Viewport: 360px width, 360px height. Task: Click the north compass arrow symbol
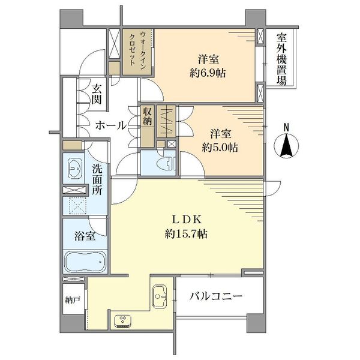pos(286,146)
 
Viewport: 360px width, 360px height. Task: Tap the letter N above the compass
pos(286,128)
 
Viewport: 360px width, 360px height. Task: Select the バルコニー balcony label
pos(216,296)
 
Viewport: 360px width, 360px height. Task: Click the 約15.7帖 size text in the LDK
pos(186,234)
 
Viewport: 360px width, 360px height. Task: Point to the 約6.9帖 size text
pos(208,73)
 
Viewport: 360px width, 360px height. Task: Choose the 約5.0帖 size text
pos(220,148)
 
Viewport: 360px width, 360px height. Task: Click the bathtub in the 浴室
pos(85,262)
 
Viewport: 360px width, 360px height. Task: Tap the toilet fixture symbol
pos(167,163)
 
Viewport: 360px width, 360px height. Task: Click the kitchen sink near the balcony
pos(160,296)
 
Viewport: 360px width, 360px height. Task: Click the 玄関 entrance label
pos(97,94)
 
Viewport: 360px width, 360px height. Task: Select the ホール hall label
pos(111,125)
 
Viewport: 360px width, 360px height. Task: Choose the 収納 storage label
pos(147,116)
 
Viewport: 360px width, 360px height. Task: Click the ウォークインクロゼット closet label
pos(137,49)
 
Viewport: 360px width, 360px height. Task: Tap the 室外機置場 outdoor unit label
pos(281,59)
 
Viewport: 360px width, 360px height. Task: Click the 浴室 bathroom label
pos(85,236)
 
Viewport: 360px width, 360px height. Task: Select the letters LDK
pos(187,220)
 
